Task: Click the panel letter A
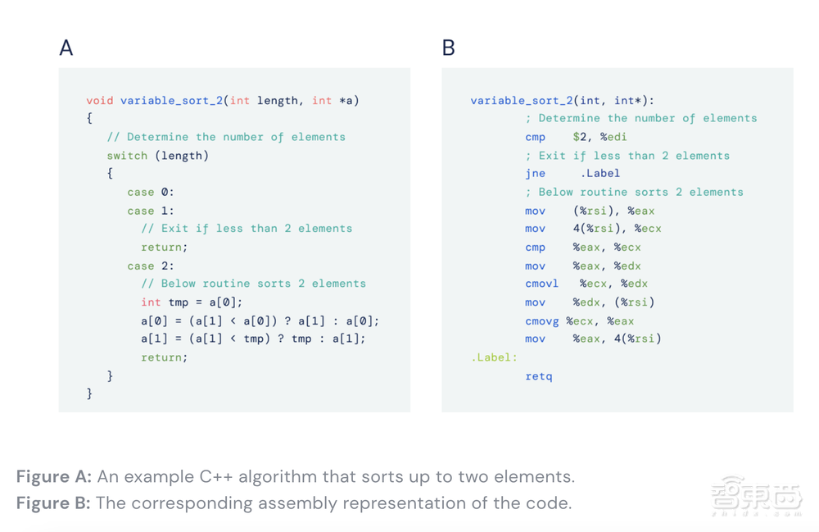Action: point(66,48)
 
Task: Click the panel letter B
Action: point(448,48)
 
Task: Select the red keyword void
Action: point(100,100)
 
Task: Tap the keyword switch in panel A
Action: point(127,156)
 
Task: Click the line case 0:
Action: point(151,193)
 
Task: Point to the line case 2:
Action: point(151,266)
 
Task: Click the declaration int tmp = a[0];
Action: point(192,302)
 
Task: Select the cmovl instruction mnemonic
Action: point(541,284)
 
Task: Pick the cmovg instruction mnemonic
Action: point(541,321)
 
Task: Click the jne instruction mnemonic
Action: point(536,174)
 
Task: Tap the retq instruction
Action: point(539,376)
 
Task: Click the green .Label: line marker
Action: point(494,357)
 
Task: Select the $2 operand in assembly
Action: point(579,137)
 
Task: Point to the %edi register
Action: point(613,137)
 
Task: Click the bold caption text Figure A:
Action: point(54,476)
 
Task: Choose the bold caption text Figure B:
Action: point(53,502)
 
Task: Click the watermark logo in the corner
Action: point(756,495)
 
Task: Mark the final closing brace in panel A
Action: point(89,393)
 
